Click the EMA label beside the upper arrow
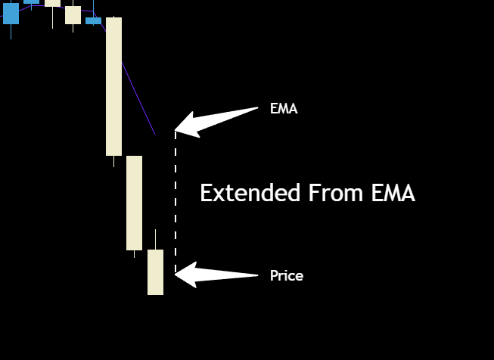coord(284,109)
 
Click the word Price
coord(287,276)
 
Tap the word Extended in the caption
coord(250,193)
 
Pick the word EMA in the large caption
coord(393,193)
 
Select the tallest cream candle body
coord(113,86)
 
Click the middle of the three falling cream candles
coord(134,203)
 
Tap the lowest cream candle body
coord(155,272)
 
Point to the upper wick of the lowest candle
coord(155,239)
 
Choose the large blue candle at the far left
coord(11,13)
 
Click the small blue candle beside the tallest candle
coord(93,20)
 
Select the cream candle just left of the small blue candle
coord(73,14)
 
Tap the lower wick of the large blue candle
coord(11,31)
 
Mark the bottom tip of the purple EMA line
coord(154,135)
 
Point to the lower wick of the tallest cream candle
coord(113,161)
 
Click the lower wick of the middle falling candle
coord(134,254)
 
